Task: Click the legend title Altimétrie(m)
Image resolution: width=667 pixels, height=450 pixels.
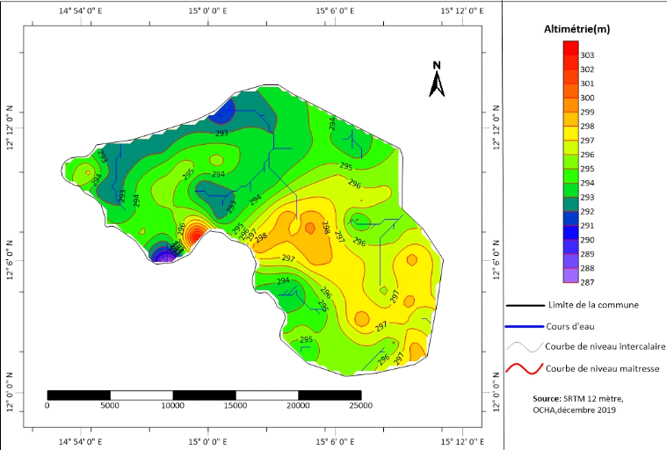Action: (x=576, y=30)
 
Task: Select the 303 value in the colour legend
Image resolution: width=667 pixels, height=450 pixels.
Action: (x=587, y=55)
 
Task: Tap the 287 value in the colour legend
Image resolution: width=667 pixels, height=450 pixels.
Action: (x=587, y=282)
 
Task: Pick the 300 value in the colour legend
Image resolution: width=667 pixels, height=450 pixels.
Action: (x=587, y=98)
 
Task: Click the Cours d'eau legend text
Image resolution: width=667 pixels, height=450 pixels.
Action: (x=569, y=326)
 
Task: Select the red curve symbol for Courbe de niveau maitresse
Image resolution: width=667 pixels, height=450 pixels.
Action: (x=523, y=369)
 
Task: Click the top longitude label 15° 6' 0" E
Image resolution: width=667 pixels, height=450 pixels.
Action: (x=330, y=11)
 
